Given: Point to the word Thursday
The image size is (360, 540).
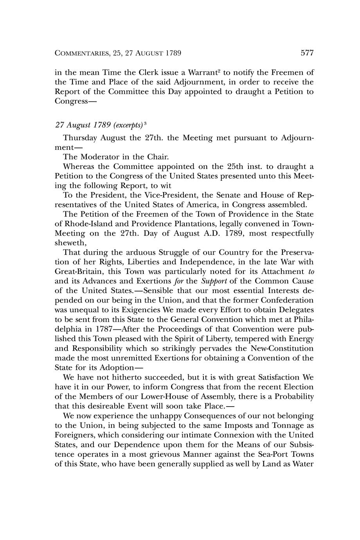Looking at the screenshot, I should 80,138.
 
